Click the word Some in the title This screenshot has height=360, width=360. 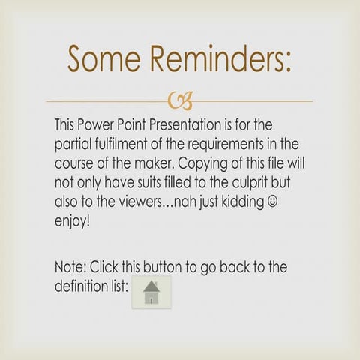pyautogui.click(x=106, y=59)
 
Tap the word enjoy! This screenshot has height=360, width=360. pyautogui.click(x=73, y=223)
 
